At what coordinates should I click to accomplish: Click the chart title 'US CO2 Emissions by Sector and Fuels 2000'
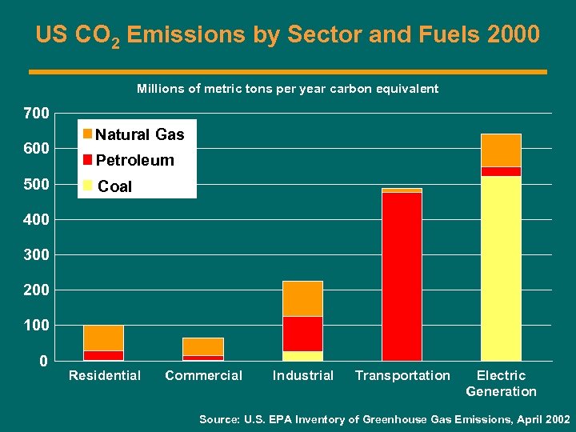click(x=287, y=36)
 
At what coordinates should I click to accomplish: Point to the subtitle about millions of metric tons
click(x=287, y=89)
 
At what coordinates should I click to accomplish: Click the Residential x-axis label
click(x=105, y=376)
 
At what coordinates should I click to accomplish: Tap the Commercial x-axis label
click(x=203, y=376)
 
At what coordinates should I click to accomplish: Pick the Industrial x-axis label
click(x=302, y=376)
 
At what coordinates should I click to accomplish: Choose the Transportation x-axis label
click(x=402, y=376)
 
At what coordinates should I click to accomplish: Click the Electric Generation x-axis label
click(x=501, y=383)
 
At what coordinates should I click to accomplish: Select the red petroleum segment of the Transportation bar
click(x=402, y=276)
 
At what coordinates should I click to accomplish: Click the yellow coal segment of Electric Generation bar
click(x=501, y=268)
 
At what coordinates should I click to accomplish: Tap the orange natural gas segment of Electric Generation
click(x=501, y=150)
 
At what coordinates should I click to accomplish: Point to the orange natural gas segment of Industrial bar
click(x=302, y=299)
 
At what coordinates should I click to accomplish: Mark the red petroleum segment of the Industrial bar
click(x=302, y=334)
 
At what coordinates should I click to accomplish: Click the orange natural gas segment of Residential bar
click(x=103, y=338)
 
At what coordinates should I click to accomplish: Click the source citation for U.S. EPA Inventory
click(x=384, y=419)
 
